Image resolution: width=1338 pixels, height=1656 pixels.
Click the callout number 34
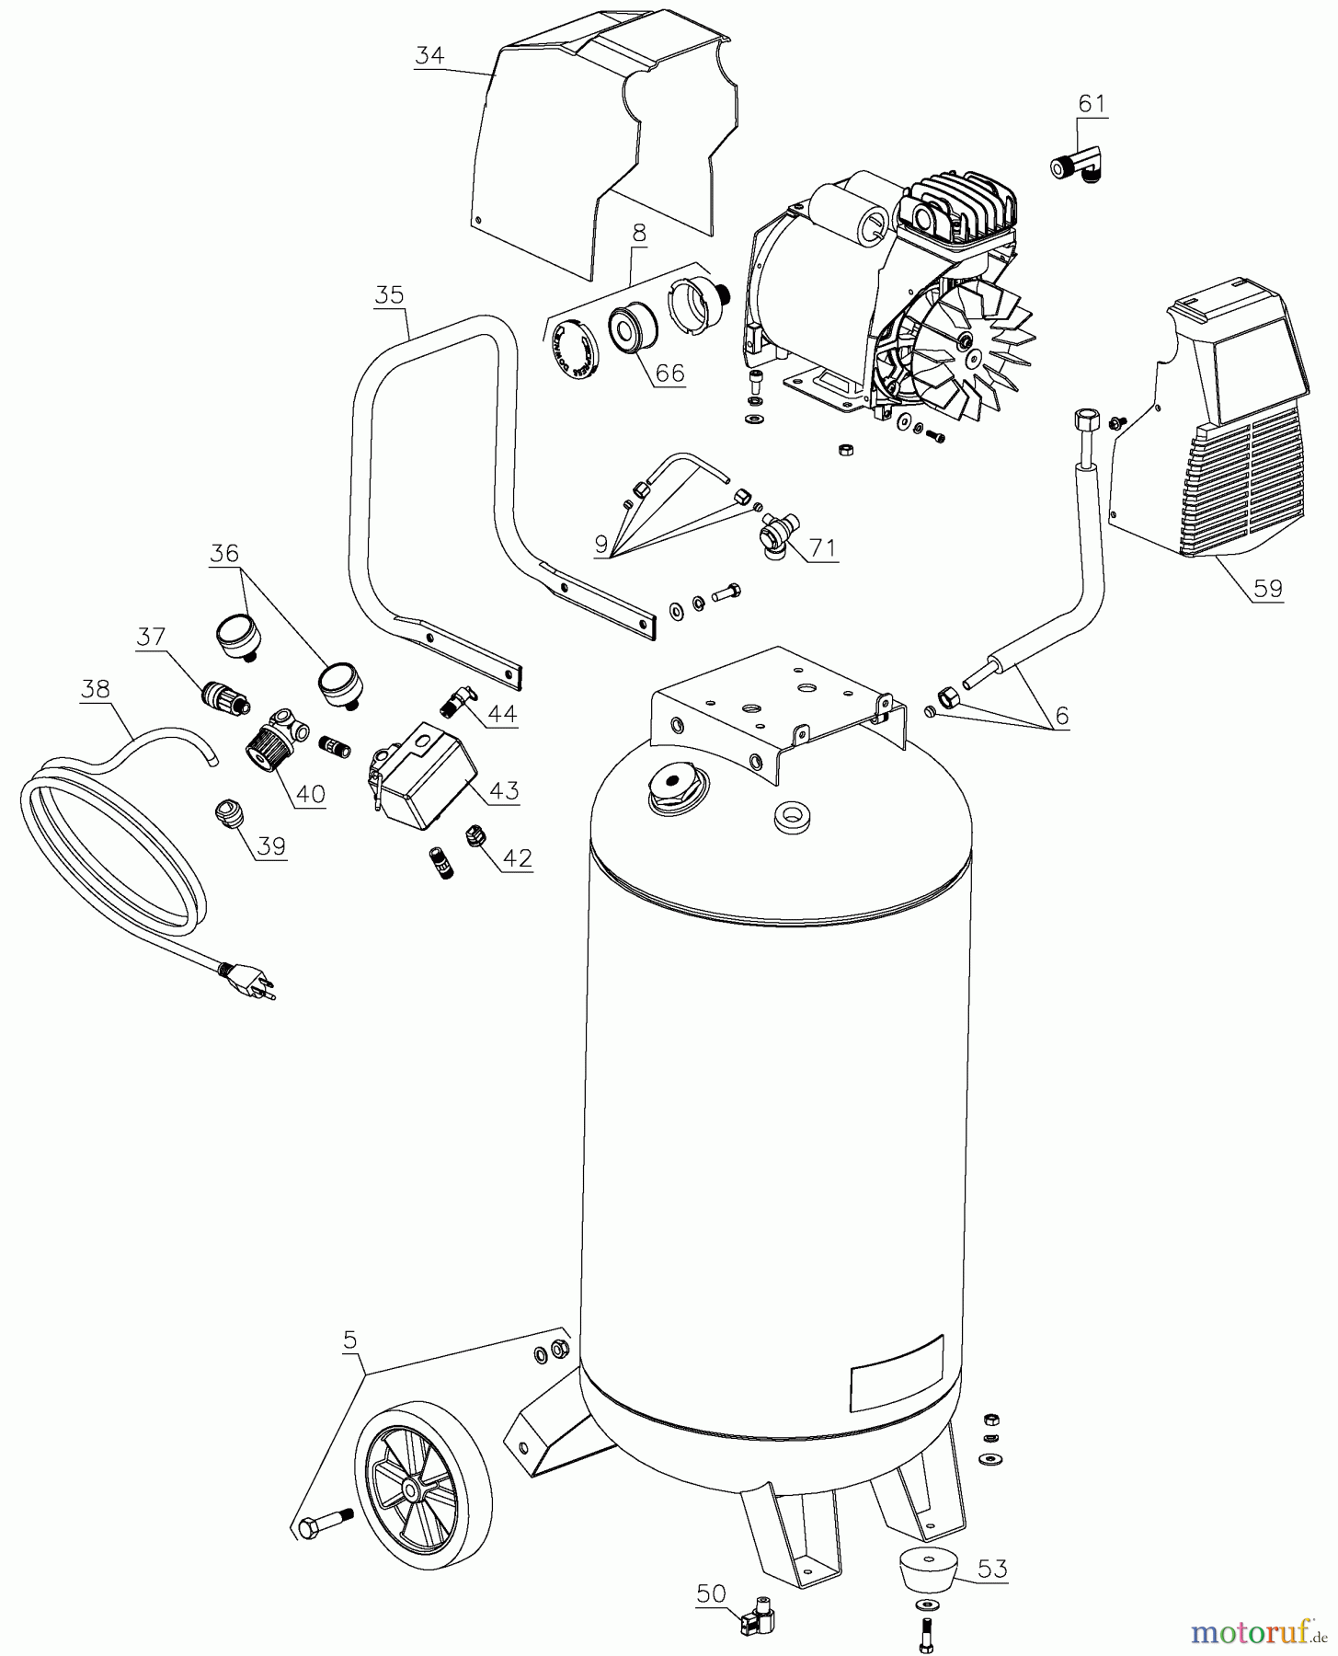click(429, 55)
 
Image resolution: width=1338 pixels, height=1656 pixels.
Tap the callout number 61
click(1091, 103)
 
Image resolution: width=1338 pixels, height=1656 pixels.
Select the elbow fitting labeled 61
click(1081, 166)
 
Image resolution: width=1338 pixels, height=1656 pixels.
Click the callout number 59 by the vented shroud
click(1267, 587)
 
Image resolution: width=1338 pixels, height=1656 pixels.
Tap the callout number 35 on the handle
click(389, 294)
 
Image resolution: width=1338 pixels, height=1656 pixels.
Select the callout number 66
click(670, 373)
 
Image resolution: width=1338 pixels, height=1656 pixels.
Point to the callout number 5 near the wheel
click(349, 1341)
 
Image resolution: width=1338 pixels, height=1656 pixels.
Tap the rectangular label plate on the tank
click(897, 1373)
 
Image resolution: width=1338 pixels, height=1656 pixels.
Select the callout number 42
click(518, 857)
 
